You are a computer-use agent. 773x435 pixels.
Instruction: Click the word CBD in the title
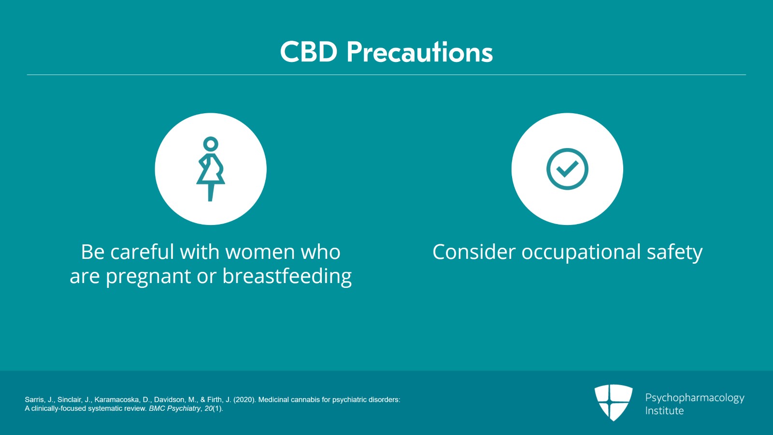[x=308, y=52]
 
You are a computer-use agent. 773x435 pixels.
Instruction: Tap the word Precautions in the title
[x=420, y=52]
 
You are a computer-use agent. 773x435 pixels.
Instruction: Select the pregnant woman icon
[x=211, y=169]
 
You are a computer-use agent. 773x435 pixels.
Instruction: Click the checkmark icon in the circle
[x=567, y=169]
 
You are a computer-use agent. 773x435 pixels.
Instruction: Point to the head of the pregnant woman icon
[x=211, y=144]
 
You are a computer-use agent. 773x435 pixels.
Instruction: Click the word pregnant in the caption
[x=148, y=277]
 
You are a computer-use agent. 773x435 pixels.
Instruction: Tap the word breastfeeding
[x=287, y=276]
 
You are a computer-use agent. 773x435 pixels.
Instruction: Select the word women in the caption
[x=260, y=252]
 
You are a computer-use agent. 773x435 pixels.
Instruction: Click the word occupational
[x=581, y=252]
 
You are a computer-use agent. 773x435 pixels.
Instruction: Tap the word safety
[x=674, y=252]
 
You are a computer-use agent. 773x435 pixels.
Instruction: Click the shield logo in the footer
[x=614, y=403]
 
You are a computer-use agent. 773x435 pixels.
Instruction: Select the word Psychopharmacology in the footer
[x=695, y=398]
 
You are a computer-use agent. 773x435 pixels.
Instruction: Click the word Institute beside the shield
[x=664, y=410]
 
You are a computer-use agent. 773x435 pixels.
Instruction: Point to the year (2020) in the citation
[x=244, y=400]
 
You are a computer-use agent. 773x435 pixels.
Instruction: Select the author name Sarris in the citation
[x=34, y=400]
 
